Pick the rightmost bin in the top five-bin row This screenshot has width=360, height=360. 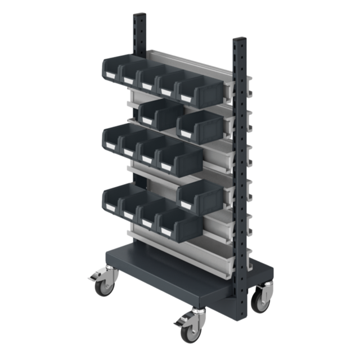pyautogui.click(x=200, y=90)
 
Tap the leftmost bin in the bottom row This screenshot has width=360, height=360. pyautogui.click(x=115, y=198)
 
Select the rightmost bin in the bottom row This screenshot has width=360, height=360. pyautogui.click(x=180, y=223)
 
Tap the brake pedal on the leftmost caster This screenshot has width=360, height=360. pyautogui.click(x=92, y=278)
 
